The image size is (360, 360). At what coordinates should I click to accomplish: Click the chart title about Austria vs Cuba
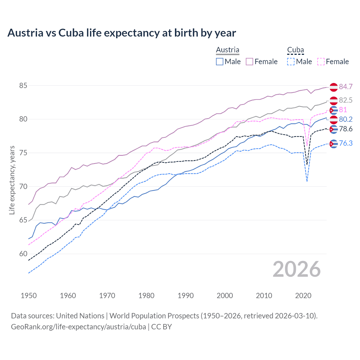(x=121, y=33)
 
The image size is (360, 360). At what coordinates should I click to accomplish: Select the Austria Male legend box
(x=220, y=62)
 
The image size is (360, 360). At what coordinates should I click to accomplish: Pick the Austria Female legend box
(x=249, y=62)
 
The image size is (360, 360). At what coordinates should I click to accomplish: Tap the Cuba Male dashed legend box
(x=291, y=62)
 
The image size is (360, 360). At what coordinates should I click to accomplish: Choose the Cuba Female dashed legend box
(x=321, y=62)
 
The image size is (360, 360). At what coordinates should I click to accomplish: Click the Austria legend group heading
(x=228, y=50)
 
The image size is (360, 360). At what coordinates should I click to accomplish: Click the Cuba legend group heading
(x=295, y=50)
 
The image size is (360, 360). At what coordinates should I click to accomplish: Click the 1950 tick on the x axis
(x=29, y=296)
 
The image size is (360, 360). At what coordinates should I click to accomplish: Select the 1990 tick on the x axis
(x=186, y=296)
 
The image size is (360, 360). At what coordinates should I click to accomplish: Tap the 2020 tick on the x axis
(x=303, y=296)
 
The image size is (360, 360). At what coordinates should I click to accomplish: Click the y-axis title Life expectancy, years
(x=12, y=180)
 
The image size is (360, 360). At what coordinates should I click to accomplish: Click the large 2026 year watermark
(x=297, y=269)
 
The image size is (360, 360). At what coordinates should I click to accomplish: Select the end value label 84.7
(x=346, y=87)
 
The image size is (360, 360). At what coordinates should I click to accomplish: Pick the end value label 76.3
(x=346, y=143)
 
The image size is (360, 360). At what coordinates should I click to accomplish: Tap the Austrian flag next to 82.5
(x=334, y=100)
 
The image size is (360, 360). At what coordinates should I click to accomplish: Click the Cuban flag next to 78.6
(x=334, y=129)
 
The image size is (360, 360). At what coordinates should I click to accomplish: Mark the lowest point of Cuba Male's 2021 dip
(x=307, y=182)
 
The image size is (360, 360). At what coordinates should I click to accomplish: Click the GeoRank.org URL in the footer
(x=78, y=327)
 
